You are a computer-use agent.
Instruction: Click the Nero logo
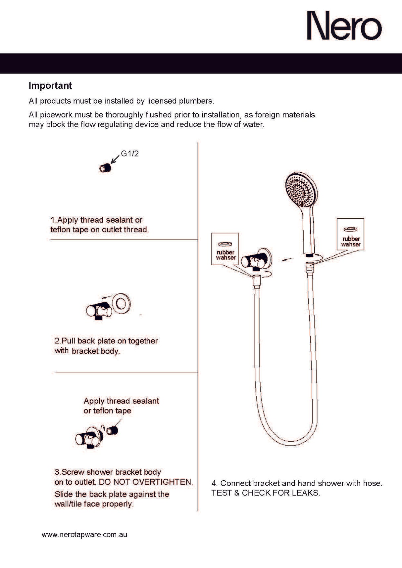[344, 26]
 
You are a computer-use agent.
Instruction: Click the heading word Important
[50, 85]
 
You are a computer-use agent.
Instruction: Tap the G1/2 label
[129, 153]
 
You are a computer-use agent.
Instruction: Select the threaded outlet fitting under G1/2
[105, 168]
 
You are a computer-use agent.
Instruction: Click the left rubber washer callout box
[225, 249]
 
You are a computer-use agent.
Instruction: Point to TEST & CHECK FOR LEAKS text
[265, 493]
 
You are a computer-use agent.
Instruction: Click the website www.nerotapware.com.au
[84, 535]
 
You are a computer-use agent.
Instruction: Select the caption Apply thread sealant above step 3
[121, 401]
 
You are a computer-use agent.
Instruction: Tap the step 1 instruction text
[99, 225]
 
